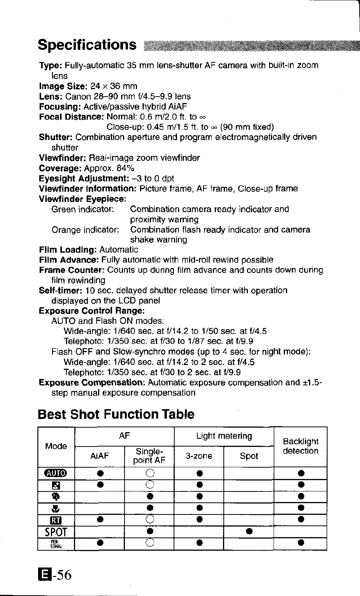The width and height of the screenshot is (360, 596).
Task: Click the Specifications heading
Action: (x=87, y=45)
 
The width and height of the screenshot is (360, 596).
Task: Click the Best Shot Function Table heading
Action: (x=116, y=414)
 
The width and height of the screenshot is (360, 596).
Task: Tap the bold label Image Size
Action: (x=63, y=86)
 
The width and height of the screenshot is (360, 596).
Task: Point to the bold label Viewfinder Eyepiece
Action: (x=82, y=199)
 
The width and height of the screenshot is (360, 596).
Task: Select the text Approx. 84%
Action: (x=109, y=168)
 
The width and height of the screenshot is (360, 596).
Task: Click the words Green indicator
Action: (x=83, y=209)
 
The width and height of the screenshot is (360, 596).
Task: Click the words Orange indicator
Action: (x=85, y=229)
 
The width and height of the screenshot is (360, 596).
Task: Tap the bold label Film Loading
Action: (x=68, y=250)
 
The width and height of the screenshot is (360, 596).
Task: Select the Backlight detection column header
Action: (x=300, y=446)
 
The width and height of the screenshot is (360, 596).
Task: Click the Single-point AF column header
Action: (x=149, y=456)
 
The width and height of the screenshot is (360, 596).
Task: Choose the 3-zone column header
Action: (x=199, y=456)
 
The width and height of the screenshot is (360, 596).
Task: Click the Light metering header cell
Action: (x=224, y=436)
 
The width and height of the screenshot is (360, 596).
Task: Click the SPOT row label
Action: (x=56, y=532)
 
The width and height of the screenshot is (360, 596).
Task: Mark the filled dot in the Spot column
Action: (x=249, y=531)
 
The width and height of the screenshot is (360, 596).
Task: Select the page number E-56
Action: (x=54, y=575)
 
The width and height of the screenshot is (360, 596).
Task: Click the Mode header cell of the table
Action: (x=56, y=446)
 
